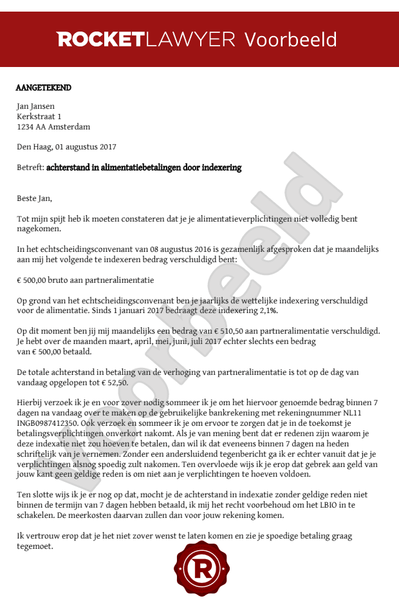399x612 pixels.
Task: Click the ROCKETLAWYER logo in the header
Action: tap(146, 39)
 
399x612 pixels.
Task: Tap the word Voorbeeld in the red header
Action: tap(290, 39)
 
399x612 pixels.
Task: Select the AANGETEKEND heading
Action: tap(44, 88)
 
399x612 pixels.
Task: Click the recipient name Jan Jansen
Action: tap(35, 106)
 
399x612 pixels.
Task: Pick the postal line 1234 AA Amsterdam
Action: tap(53, 127)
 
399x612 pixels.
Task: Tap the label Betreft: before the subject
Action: tap(30, 167)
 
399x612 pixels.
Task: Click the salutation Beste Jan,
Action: tap(34, 198)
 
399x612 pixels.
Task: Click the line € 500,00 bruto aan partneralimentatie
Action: tap(85, 280)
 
